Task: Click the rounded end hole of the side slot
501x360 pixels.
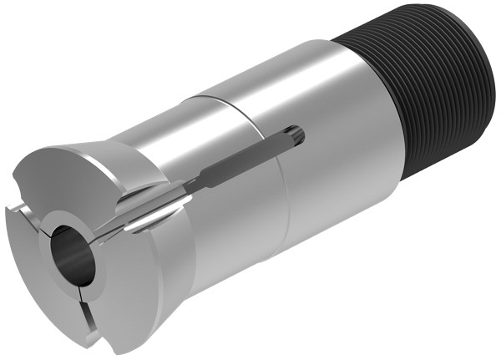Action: (x=296, y=133)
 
